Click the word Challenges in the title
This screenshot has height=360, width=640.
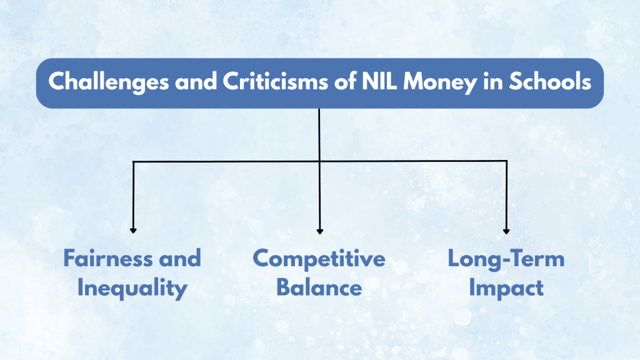tap(109, 82)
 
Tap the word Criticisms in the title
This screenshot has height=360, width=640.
tap(276, 82)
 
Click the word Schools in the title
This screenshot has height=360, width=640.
tap(550, 82)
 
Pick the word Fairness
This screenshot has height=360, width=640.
tap(108, 258)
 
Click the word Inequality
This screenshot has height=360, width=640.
tap(132, 289)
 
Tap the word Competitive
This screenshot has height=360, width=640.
tap(319, 259)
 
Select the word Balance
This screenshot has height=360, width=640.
tap(319, 287)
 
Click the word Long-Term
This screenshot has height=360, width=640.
tap(506, 259)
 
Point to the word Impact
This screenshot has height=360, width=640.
tap(506, 289)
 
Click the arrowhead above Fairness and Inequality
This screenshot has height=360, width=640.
tap(133, 231)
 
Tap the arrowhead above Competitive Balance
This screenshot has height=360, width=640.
tap(320, 231)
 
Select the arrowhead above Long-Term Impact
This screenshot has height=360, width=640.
tap(506, 231)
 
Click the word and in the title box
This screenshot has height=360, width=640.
tap(196, 82)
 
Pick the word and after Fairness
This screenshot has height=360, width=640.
tap(180, 259)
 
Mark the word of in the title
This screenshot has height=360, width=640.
tap(345, 82)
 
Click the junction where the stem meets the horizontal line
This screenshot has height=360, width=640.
tap(319, 161)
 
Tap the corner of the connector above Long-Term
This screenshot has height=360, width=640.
tap(506, 161)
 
